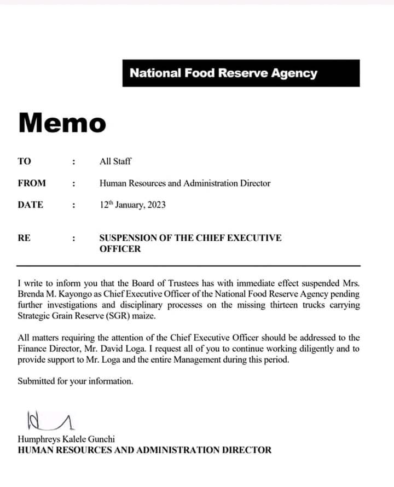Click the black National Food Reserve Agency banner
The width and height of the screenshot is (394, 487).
241,73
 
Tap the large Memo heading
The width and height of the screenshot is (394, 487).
62,123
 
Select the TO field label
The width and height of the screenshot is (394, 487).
25,161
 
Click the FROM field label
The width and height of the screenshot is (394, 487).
32,183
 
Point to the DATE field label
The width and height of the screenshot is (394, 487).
31,205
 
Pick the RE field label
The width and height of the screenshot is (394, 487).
24,238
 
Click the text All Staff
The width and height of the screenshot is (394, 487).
115,161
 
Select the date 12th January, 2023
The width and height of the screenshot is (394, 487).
132,205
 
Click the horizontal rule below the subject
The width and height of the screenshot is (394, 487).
189,265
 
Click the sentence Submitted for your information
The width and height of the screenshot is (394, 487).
76,381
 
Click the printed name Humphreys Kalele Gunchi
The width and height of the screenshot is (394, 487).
67,439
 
